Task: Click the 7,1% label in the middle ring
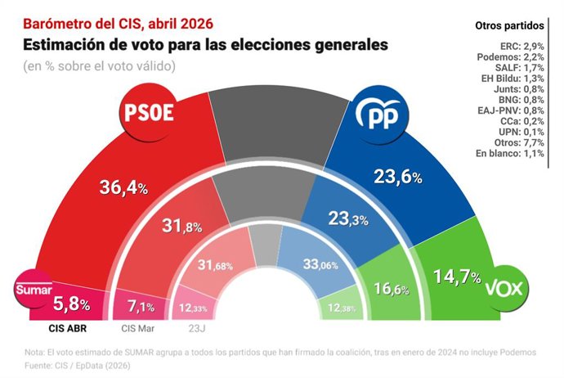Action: coord(137,306)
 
